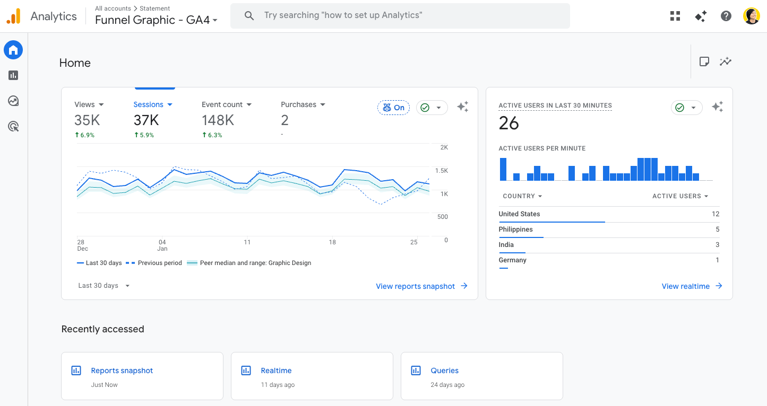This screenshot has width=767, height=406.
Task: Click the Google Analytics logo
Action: click(13, 16)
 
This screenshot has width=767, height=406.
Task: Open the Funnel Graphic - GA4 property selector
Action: click(156, 20)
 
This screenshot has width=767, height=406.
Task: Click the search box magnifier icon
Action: click(249, 16)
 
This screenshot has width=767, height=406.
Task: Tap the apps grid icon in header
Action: click(675, 16)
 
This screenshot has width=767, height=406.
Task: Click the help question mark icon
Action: click(726, 16)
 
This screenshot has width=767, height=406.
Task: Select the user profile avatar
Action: click(752, 16)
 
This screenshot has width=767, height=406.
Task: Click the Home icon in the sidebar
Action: click(13, 50)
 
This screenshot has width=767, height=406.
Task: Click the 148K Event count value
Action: click(218, 120)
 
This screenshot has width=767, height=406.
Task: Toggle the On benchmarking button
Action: click(393, 108)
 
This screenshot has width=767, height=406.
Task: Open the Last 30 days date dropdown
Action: click(104, 286)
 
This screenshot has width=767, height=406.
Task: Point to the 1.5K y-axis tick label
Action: click(441, 171)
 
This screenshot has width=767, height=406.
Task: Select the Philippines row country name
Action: click(515, 230)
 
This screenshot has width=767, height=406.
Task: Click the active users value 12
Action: click(715, 214)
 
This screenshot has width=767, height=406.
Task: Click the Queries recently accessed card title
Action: click(444, 370)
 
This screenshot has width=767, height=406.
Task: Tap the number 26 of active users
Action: click(509, 123)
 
